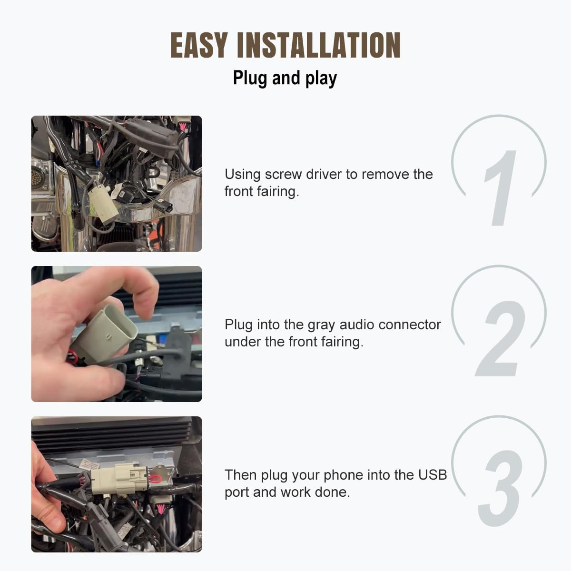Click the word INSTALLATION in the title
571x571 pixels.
click(318, 46)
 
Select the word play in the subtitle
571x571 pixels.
click(321, 79)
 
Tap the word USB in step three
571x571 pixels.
click(433, 475)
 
